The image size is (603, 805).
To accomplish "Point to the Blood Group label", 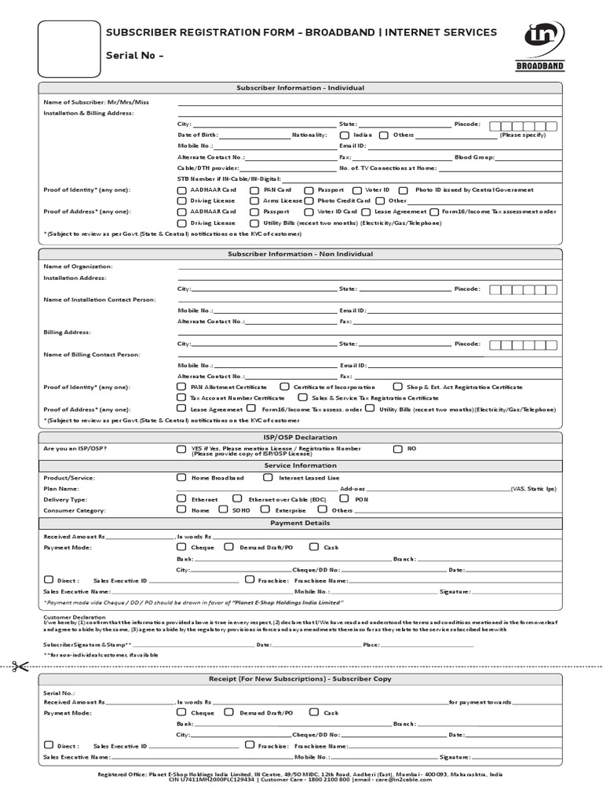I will pyautogui.click(x=474, y=157).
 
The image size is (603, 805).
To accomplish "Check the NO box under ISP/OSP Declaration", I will pyautogui.click(x=398, y=449).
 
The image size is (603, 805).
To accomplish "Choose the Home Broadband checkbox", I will pyautogui.click(x=182, y=478).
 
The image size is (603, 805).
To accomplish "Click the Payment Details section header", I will pyautogui.click(x=301, y=523).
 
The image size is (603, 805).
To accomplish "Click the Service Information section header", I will pyautogui.click(x=301, y=465).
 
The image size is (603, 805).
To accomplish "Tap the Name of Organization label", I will pyautogui.click(x=78, y=267).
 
